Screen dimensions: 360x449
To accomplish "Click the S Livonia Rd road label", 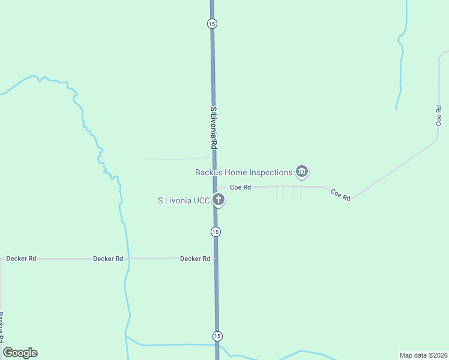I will (x=213, y=128).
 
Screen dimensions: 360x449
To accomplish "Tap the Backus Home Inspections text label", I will (x=243, y=172).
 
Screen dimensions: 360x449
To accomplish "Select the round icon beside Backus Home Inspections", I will (x=302, y=172).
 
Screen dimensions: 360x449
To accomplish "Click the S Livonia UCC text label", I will (x=183, y=200).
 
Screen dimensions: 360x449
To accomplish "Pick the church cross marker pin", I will (x=219, y=200).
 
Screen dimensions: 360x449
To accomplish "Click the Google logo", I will (x=20, y=353).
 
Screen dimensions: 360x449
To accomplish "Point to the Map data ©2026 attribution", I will (x=423, y=355).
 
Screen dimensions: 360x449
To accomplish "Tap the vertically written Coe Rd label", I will (x=439, y=115).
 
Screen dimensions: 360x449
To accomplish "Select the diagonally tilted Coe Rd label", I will (x=340, y=194).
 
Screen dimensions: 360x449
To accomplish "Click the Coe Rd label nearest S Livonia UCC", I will (x=240, y=187).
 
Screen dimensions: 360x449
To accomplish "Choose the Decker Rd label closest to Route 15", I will (x=195, y=259).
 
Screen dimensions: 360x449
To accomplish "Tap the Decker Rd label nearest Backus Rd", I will (x=21, y=259).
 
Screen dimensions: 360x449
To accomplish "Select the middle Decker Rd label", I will (x=108, y=259).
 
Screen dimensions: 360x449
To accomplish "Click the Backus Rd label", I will (x=2, y=324).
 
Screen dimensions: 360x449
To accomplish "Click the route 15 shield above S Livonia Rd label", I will (x=212, y=23).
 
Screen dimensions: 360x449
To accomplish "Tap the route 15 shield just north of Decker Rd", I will (x=215, y=232).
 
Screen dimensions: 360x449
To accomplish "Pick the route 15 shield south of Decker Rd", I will (x=217, y=335).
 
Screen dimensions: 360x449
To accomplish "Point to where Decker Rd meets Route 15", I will (x=215, y=259).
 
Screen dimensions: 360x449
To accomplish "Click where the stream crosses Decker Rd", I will (x=128, y=259).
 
